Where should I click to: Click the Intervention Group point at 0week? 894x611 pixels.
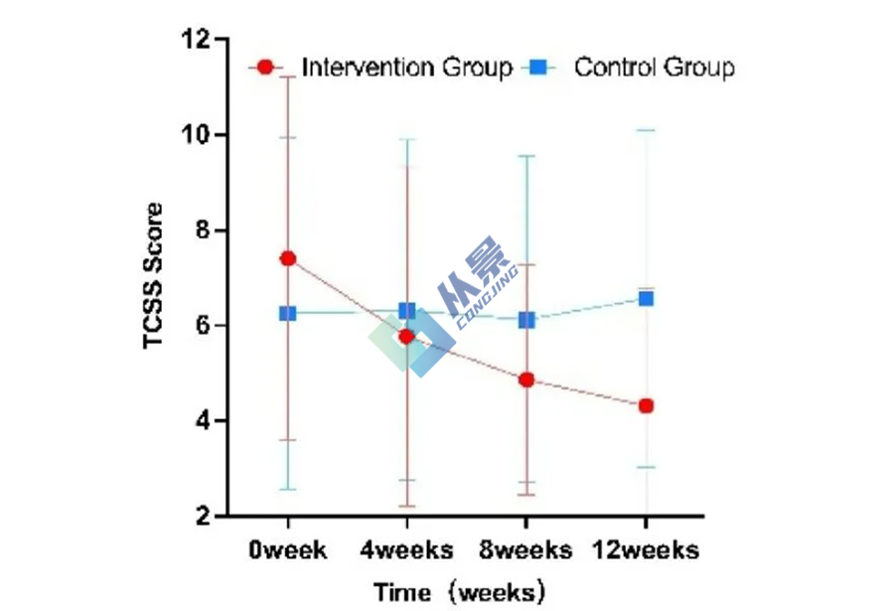coord(288,258)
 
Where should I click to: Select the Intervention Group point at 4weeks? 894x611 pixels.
coord(406,337)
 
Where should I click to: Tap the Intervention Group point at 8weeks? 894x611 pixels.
coord(526,380)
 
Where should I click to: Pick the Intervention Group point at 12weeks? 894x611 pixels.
coord(646,405)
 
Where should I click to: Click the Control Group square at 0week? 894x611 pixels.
coord(288,313)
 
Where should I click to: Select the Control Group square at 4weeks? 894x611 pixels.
coord(406,311)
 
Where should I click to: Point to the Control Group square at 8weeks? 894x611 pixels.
coord(526,320)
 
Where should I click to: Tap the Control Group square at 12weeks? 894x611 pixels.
coord(646,298)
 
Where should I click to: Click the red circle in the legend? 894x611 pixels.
coord(265,68)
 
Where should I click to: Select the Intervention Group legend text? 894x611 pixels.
coord(407,68)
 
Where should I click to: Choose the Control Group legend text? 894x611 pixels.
coord(655,68)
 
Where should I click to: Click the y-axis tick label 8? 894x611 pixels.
coord(200,230)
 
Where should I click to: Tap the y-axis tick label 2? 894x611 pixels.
coord(200,517)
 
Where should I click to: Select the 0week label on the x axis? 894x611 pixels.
coord(288,549)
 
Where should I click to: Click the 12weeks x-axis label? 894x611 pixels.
coord(646,549)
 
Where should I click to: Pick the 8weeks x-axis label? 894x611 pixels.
coord(526,549)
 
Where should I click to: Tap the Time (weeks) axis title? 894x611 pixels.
coord(460,593)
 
